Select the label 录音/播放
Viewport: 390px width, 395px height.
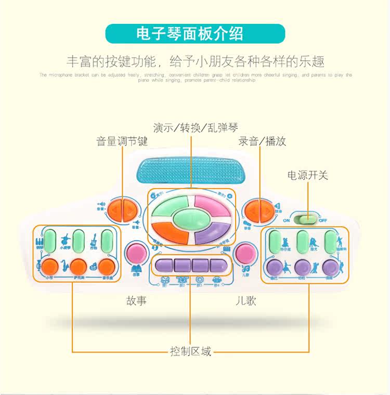(262, 141)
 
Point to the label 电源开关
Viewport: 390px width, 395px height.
(308, 175)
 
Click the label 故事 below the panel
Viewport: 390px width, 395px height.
(136, 301)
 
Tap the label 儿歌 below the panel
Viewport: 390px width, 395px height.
(245, 301)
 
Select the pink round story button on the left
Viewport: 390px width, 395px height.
(137, 253)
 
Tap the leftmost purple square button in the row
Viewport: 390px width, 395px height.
(165, 265)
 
